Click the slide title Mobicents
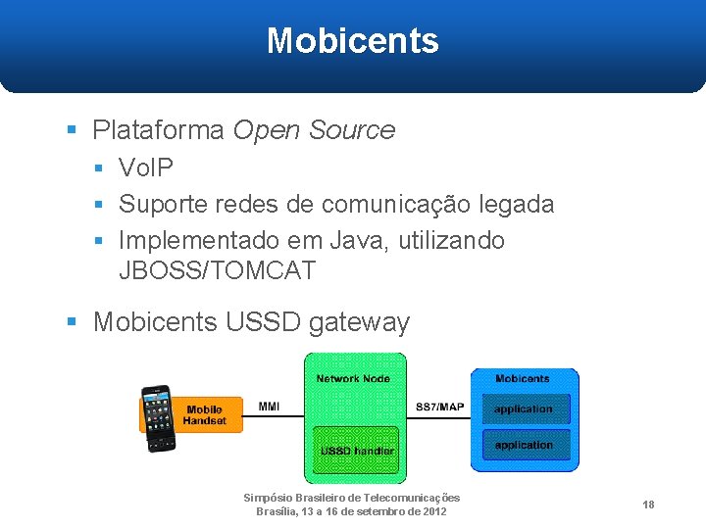pos(352,41)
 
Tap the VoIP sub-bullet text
pos(146,168)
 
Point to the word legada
pos(517,205)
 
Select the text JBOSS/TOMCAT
pos(217,271)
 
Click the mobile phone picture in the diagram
pos(158,418)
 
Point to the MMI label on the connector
pos(269,406)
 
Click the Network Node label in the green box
pos(353,379)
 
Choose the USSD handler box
pos(357,450)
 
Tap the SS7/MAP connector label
pos(439,407)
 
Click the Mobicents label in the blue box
pos(523,379)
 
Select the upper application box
pos(525,409)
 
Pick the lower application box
pos(525,445)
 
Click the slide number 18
pos(649,505)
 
